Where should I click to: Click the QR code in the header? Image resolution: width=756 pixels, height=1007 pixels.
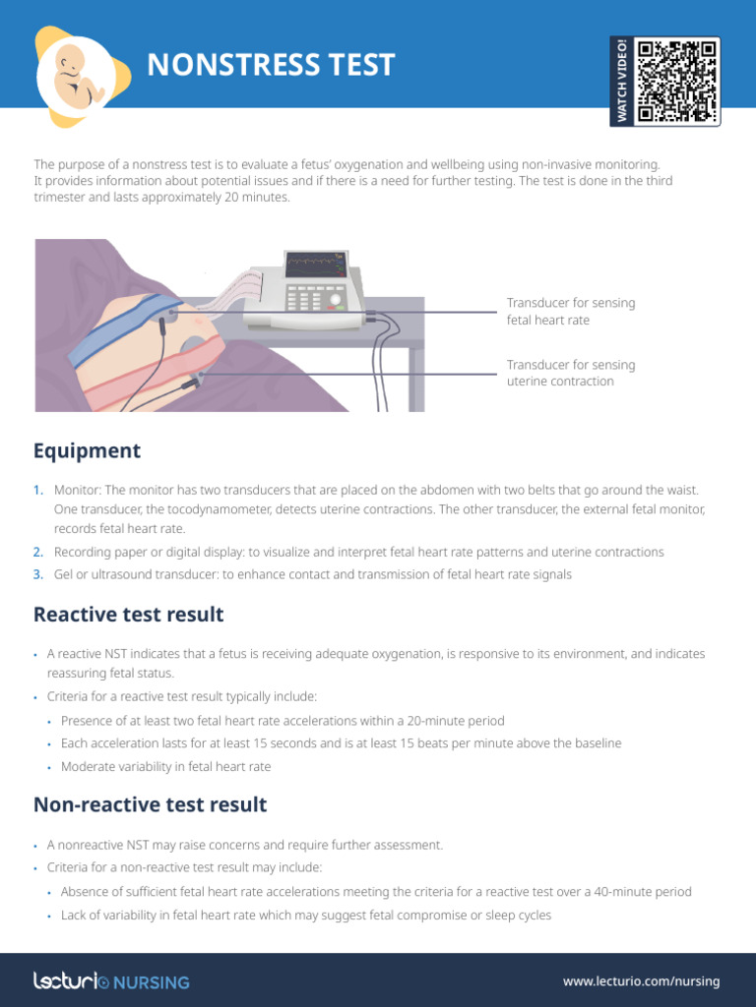(677, 82)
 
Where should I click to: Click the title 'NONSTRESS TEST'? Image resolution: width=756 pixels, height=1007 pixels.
(271, 65)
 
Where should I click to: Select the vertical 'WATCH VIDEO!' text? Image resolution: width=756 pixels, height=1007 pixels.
(622, 82)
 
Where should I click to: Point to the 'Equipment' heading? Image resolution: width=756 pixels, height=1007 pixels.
(87, 451)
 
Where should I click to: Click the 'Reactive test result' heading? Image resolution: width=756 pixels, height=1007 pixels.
(128, 615)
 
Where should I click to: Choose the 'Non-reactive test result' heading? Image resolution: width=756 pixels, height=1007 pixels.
(150, 804)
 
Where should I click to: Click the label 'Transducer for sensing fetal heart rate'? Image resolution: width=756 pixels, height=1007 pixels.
(570, 311)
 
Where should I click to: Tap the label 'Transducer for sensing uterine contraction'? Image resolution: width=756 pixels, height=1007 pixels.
(570, 373)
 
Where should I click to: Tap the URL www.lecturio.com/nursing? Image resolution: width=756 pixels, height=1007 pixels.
(641, 981)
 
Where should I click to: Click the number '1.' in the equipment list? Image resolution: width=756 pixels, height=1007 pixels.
(38, 490)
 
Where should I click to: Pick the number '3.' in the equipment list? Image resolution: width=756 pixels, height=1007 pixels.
(38, 574)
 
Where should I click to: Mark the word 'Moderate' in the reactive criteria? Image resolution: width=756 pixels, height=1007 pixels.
(89, 766)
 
